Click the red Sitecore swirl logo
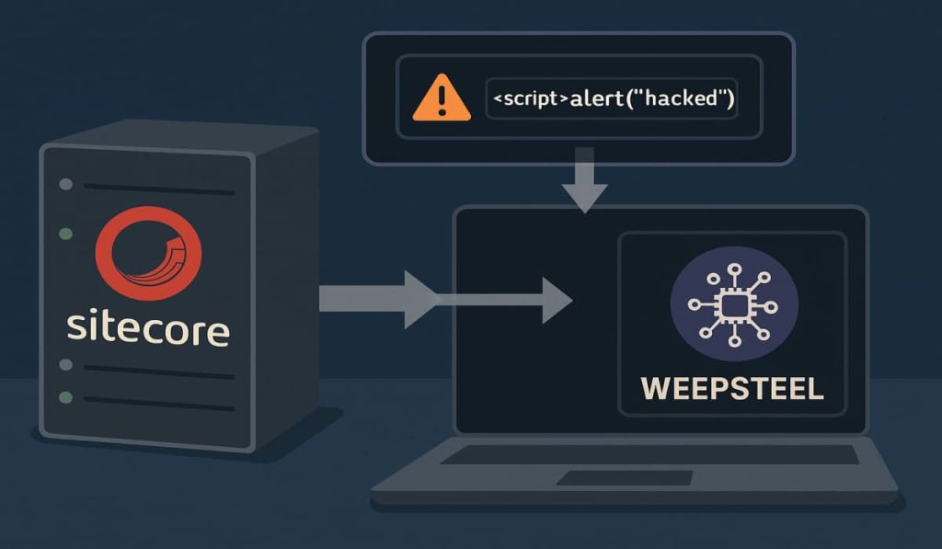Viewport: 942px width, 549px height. point(147,254)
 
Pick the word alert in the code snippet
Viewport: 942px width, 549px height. point(597,98)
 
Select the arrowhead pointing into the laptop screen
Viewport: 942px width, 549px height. point(555,300)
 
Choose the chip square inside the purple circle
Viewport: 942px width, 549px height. point(733,304)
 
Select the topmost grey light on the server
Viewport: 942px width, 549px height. point(65,184)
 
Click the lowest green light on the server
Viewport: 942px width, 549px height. point(65,397)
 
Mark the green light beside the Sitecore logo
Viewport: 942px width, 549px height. point(65,234)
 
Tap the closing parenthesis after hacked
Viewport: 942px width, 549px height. point(729,98)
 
